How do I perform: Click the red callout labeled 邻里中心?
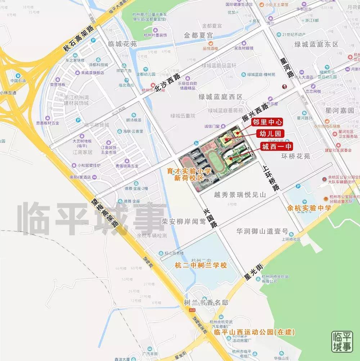267,122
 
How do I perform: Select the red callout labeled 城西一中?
277,146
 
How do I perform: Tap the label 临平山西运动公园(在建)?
254,332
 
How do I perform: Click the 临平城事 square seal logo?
342,342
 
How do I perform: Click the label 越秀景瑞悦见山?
240,195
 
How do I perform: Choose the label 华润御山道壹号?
262,231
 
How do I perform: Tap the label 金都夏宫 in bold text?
198,35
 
